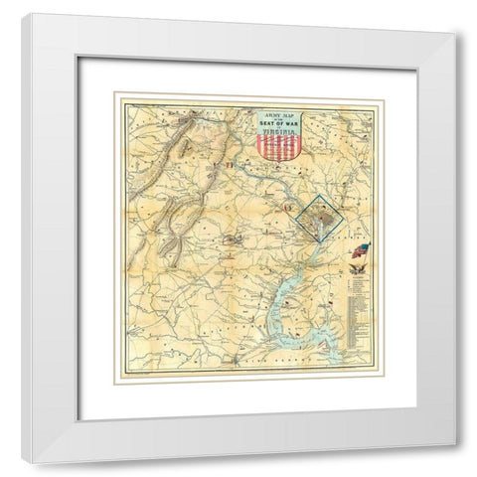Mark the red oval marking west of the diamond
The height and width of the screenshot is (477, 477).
236,238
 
